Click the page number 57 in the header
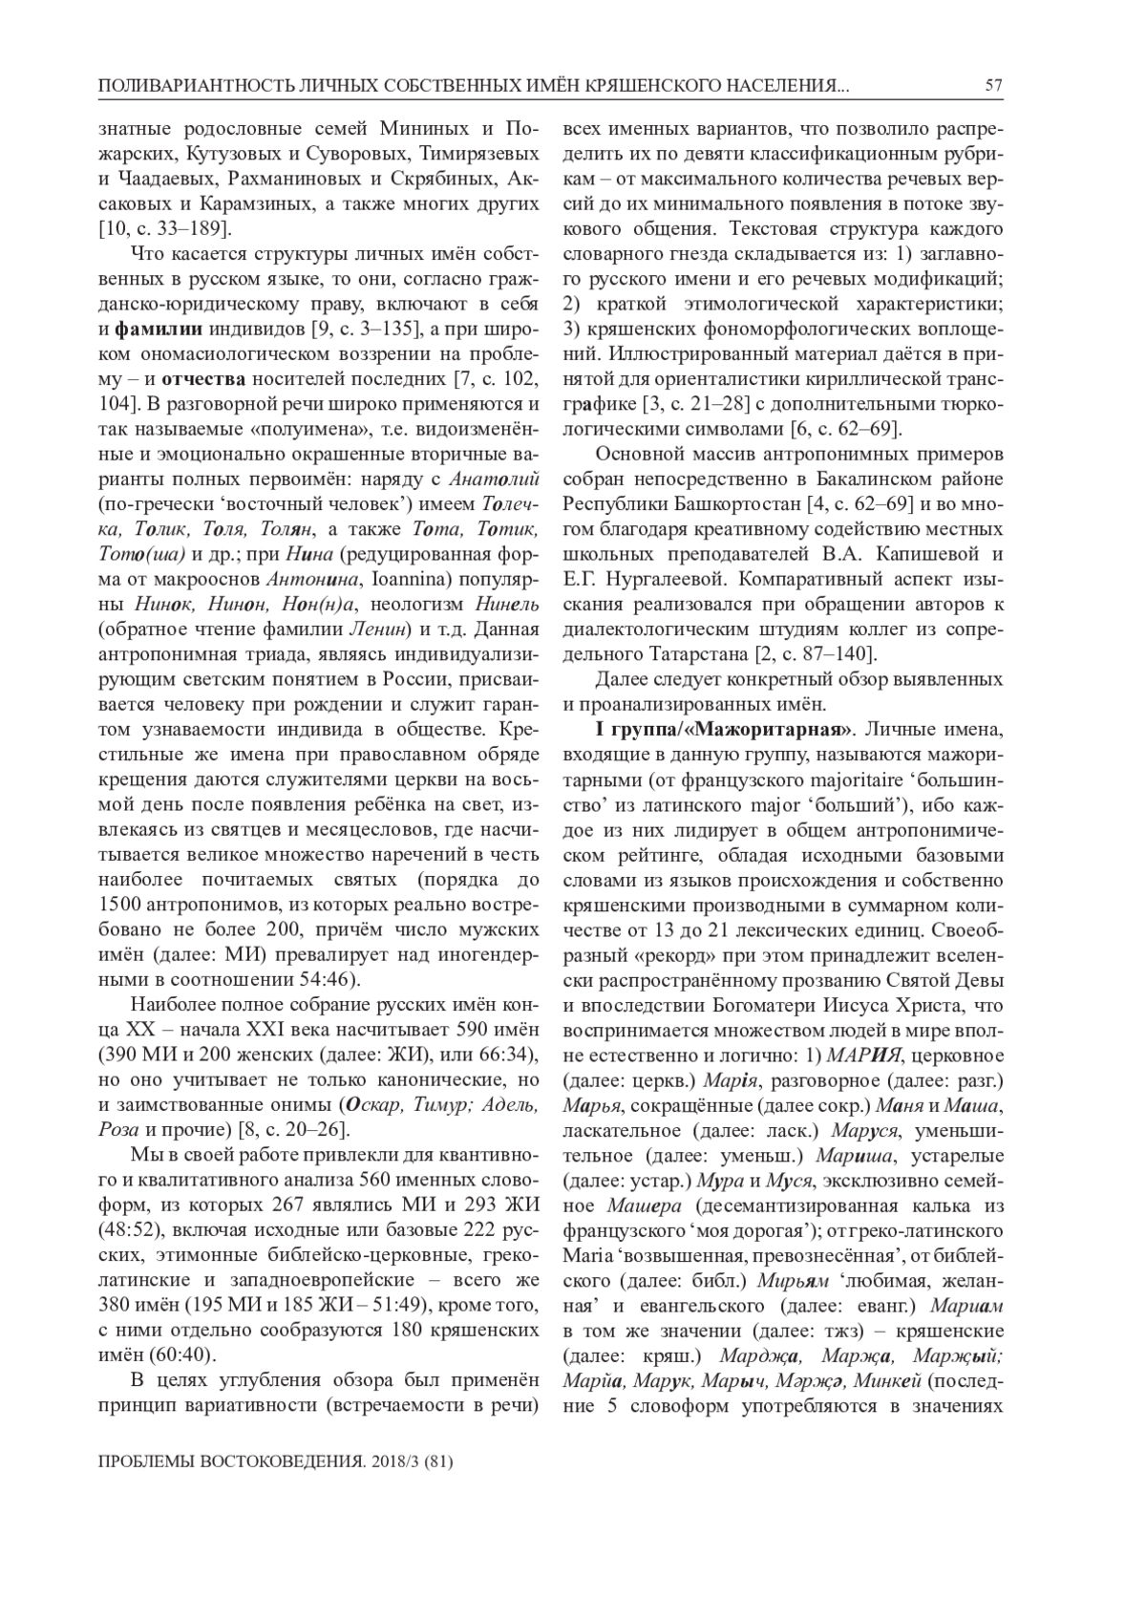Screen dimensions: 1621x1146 993,87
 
